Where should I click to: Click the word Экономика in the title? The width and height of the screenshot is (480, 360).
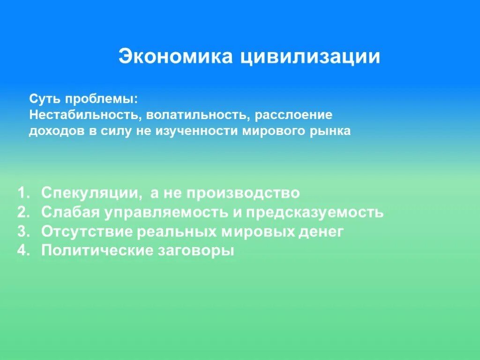pyautogui.click(x=175, y=57)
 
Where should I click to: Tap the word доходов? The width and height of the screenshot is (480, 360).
pyautogui.click(x=57, y=131)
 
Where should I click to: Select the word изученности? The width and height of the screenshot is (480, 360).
pyautogui.click(x=201, y=131)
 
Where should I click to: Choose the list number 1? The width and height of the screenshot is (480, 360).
pyautogui.click(x=24, y=193)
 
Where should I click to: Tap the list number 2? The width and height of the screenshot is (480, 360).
pyautogui.click(x=24, y=212)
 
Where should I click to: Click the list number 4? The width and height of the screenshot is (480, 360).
pyautogui.click(x=24, y=250)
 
